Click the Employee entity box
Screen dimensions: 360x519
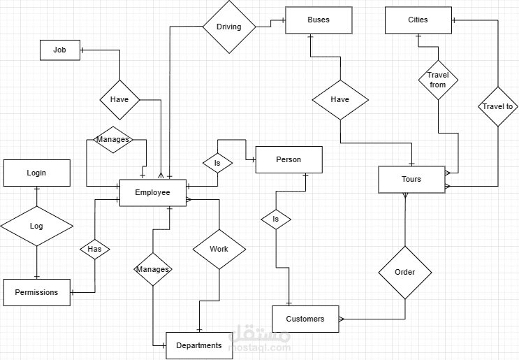point(153,193)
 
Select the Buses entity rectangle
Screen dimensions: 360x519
point(319,20)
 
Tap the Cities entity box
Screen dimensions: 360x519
point(418,20)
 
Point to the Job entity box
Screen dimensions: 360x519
point(60,50)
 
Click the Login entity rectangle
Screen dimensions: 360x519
point(36,173)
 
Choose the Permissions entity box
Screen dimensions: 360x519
point(36,292)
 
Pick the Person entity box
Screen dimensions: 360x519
point(288,159)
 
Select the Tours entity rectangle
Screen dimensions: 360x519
point(411,180)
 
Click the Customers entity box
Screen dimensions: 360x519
point(305,319)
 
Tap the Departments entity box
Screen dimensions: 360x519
point(199,345)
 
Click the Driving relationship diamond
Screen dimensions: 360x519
point(228,27)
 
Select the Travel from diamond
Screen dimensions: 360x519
point(438,80)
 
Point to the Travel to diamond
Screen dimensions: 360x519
point(498,107)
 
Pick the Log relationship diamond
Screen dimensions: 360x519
point(36,226)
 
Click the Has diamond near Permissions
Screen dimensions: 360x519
point(95,249)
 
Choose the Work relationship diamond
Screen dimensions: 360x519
point(219,249)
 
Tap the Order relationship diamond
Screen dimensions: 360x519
point(405,273)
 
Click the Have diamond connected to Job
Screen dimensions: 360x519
point(119,99)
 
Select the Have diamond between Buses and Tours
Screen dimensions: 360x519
point(339,99)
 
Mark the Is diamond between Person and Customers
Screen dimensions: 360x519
point(276,219)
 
